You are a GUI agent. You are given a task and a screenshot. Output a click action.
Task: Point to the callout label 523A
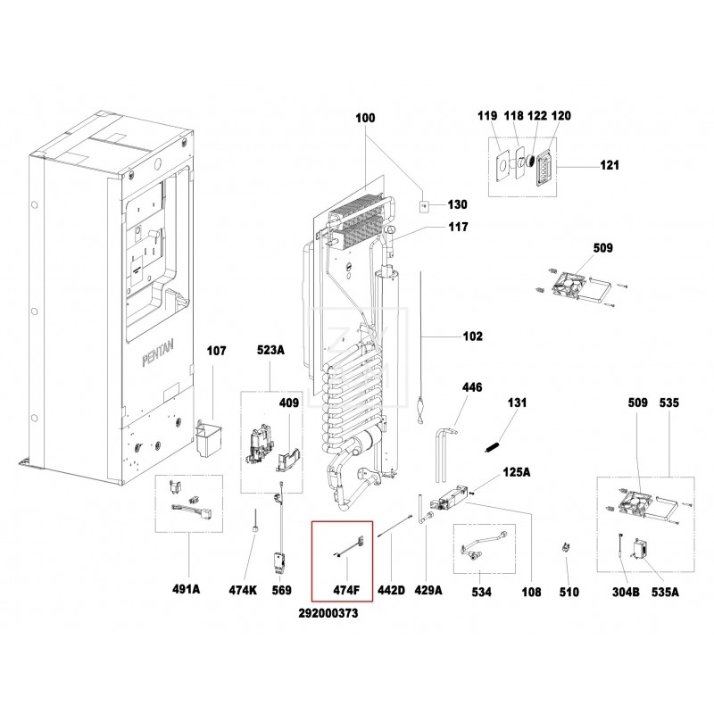[270, 351]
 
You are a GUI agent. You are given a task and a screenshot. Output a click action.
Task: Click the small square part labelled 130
[425, 205]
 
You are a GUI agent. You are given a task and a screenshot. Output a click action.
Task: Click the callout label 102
[472, 336]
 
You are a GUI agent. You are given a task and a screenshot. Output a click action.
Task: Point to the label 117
[458, 228]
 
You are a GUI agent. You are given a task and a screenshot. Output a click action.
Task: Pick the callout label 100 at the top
[366, 118]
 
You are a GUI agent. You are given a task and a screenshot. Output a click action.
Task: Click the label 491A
[186, 590]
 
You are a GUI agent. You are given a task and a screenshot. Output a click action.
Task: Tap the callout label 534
[482, 590]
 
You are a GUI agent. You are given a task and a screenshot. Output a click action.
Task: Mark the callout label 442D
[393, 590]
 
